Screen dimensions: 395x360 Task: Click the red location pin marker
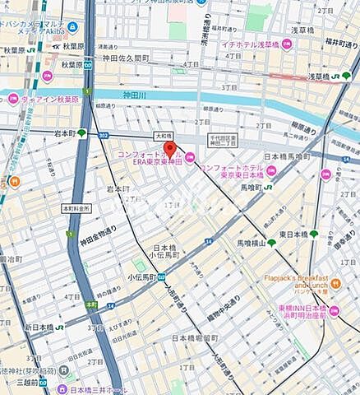coord(170,149)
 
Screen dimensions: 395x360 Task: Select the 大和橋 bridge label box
coord(164,136)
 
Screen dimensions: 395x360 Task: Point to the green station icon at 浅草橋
coord(346,76)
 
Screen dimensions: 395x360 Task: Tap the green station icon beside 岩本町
coord(81,132)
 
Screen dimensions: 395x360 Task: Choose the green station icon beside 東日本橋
coord(314,234)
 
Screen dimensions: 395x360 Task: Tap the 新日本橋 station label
coord(40,328)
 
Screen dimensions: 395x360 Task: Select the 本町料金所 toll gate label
coord(75,209)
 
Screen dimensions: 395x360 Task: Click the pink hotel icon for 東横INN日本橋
coord(334,312)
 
